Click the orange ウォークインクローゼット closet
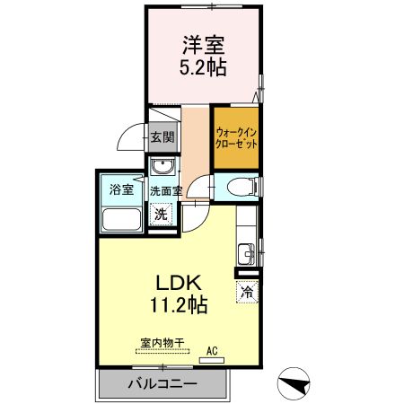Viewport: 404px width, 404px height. pyautogui.click(x=235, y=139)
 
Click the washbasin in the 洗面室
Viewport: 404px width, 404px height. pyautogui.click(x=162, y=167)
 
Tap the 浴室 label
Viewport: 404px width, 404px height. pyautogui.click(x=120, y=190)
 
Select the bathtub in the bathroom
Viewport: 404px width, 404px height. pyautogui.click(x=120, y=219)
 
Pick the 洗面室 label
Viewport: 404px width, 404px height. pyautogui.click(x=166, y=191)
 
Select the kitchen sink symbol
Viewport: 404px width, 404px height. pyautogui.click(x=245, y=251)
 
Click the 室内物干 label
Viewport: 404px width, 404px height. pyautogui.click(x=162, y=342)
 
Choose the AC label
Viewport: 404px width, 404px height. pyautogui.click(x=213, y=350)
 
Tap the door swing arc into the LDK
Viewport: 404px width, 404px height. pyautogui.click(x=199, y=213)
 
